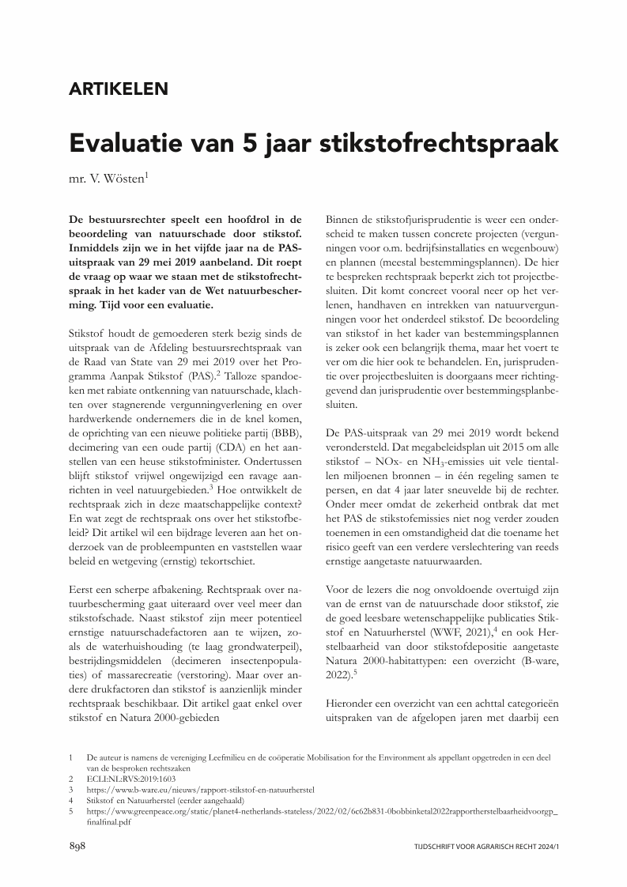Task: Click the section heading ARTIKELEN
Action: click(119, 89)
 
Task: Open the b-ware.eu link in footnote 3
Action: click(201, 789)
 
